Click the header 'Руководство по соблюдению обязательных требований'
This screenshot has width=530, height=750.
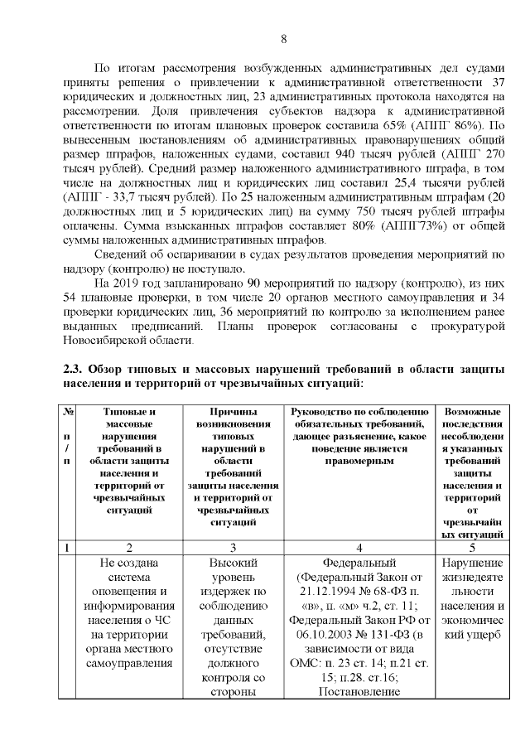(x=359, y=437)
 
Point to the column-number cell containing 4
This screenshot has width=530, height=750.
(x=359, y=547)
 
